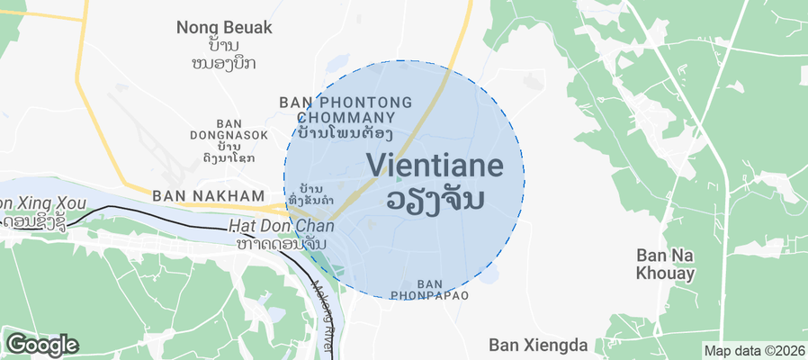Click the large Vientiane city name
point(444,165)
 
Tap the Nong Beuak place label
point(224,27)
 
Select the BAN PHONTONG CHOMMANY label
point(346,110)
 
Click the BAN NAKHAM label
point(209,195)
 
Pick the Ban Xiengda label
point(538,344)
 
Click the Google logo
point(41,344)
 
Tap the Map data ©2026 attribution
point(754,351)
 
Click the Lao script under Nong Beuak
point(224,54)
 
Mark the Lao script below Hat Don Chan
point(280,244)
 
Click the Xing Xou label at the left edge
point(33,202)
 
